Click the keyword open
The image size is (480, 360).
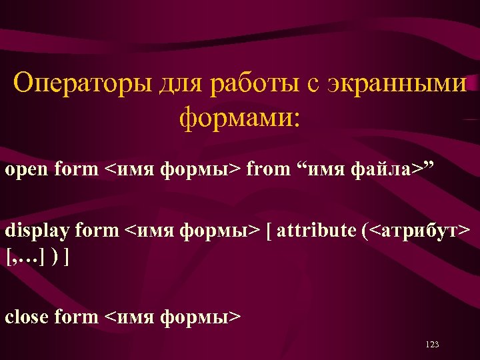tap(27, 170)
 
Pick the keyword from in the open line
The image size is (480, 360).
tap(268, 170)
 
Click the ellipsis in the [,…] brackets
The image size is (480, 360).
tap(34, 256)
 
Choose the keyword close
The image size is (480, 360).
tap(27, 317)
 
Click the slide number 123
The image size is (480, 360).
tap(431, 345)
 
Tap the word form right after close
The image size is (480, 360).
tap(76, 317)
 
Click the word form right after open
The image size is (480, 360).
tap(76, 170)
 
